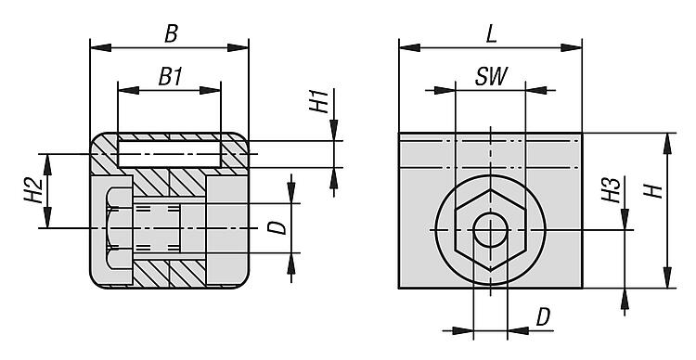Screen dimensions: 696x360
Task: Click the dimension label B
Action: pyautogui.click(x=172, y=33)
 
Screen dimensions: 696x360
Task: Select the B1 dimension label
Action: pyautogui.click(x=171, y=77)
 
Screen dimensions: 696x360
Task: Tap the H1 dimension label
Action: pyautogui.click(x=319, y=101)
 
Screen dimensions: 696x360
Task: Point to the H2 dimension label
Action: pyautogui.click(x=33, y=190)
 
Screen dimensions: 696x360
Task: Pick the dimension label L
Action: pyautogui.click(x=491, y=34)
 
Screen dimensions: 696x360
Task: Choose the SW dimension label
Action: pyautogui.click(x=491, y=76)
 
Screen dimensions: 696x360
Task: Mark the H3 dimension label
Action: pyautogui.click(x=611, y=190)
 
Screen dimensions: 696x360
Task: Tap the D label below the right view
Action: pyautogui.click(x=543, y=317)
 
